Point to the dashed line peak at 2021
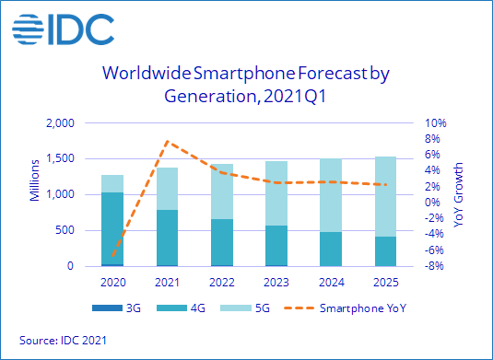[x=167, y=142]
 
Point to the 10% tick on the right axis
[x=436, y=122]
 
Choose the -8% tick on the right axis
[x=436, y=266]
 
